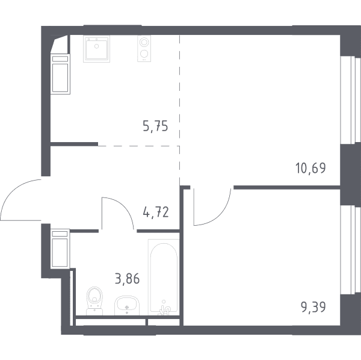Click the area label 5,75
(x=155, y=126)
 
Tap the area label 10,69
(x=310, y=168)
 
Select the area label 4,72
(x=156, y=212)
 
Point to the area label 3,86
(x=128, y=279)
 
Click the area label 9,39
(x=313, y=307)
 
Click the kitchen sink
(x=97, y=49)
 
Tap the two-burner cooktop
(x=144, y=49)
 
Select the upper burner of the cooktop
(x=144, y=42)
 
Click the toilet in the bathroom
(x=94, y=301)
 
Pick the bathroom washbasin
(x=127, y=305)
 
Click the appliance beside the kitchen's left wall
(x=60, y=75)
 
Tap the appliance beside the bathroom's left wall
(x=60, y=249)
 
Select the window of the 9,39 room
(x=350, y=250)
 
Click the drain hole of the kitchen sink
(x=97, y=46)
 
